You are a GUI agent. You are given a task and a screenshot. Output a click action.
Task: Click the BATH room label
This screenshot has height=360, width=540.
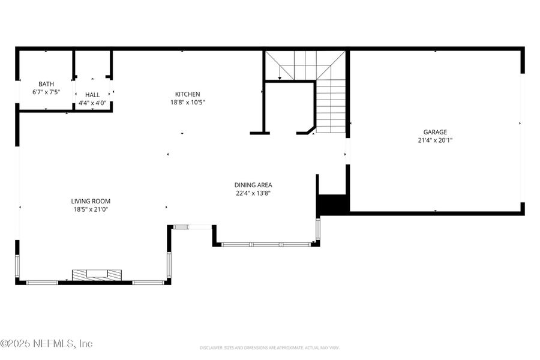coord(46,84)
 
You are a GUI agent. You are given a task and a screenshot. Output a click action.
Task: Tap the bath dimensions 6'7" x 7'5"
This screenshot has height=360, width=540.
coord(46,92)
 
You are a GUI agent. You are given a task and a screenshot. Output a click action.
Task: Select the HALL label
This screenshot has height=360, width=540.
coord(92,95)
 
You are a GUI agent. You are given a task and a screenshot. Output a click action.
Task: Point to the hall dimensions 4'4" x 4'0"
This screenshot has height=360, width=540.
coord(92,103)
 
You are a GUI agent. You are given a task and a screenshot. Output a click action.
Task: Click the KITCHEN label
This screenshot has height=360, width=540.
coord(187,94)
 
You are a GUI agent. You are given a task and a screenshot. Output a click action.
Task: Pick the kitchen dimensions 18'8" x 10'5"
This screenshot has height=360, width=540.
coord(187,103)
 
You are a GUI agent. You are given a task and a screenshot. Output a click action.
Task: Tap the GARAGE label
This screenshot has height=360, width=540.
coord(435,132)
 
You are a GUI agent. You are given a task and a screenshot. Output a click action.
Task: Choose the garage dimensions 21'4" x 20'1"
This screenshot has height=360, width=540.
coord(435,140)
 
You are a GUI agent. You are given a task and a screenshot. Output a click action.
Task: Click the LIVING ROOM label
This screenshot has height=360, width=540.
coord(91,201)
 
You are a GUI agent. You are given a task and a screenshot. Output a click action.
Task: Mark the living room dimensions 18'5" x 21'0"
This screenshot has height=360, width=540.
coord(91,209)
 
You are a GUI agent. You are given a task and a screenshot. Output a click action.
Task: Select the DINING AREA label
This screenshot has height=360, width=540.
coord(253,185)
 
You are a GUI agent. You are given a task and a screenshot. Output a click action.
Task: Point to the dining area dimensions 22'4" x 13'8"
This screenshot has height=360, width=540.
coord(253,193)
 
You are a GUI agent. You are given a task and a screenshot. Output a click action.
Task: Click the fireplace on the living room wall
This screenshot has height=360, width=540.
coord(97,275)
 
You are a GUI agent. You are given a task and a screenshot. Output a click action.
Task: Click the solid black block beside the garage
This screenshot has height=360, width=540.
coord(333,204)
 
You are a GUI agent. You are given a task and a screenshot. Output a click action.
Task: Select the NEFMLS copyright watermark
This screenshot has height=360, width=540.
coord(47,344)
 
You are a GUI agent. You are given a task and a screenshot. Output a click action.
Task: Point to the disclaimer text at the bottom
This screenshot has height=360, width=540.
coord(270,347)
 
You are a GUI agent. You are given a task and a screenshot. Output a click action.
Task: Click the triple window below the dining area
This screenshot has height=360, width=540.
coord(266,244)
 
